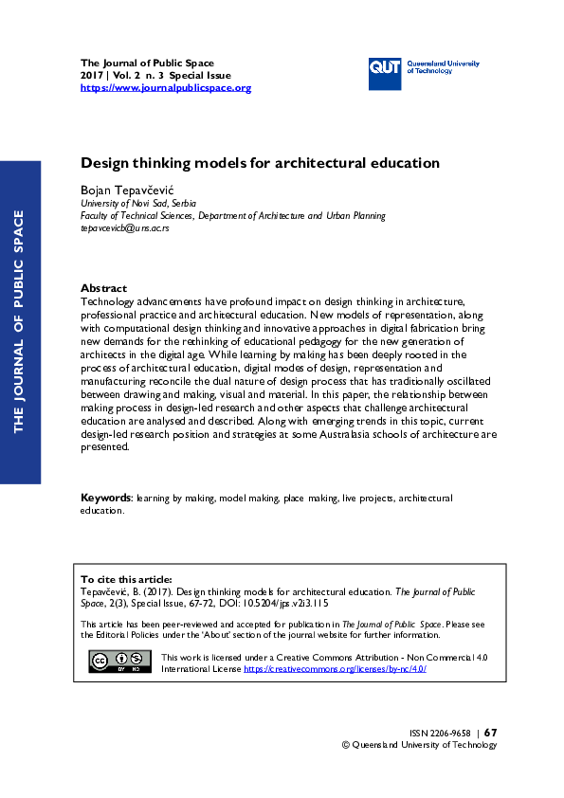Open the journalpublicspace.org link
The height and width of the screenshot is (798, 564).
click(166, 88)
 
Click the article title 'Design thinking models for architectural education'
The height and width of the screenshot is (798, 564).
click(260, 163)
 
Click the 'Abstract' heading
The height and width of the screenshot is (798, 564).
click(103, 287)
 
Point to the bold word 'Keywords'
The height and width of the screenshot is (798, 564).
click(104, 498)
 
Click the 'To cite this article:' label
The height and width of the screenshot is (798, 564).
click(126, 578)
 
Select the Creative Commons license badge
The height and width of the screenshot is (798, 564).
click(119, 662)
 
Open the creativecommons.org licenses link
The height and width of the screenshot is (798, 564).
click(335, 668)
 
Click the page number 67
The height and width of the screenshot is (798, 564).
click(490, 732)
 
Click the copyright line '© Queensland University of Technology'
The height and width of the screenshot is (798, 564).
click(419, 745)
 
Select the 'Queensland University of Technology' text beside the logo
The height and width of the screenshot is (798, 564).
click(443, 66)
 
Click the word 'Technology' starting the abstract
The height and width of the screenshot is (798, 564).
click(110, 299)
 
